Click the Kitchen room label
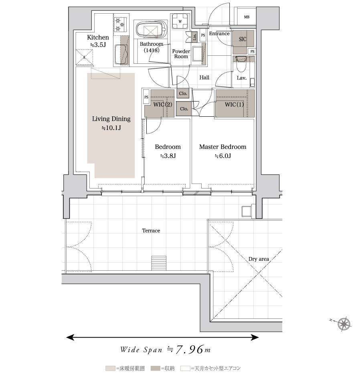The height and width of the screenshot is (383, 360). point(98,37)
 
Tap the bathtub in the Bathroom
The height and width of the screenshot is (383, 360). point(152,30)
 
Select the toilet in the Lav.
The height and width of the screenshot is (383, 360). point(242,64)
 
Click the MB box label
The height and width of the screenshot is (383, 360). point(247,17)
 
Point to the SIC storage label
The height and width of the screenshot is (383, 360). point(243,39)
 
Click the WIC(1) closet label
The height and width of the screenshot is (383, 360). point(234,105)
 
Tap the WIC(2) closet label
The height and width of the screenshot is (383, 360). point(163,105)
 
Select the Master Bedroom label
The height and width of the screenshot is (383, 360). point(223,147)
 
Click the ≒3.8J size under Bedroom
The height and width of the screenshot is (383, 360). point(168,156)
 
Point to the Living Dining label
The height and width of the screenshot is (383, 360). point(111,119)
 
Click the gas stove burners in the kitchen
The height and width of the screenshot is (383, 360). point(120,24)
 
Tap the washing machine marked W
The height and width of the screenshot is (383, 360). point(180,21)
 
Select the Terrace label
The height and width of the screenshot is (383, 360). point(151,231)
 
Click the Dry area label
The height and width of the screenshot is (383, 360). point(259,259)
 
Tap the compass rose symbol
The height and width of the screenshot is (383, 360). point(344,324)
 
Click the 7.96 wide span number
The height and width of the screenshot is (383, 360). point(189,350)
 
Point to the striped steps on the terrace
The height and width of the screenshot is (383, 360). point(159,263)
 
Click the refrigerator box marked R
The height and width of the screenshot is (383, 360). point(84,57)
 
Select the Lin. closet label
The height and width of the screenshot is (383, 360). point(195,37)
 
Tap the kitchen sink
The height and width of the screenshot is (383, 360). point(121,54)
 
